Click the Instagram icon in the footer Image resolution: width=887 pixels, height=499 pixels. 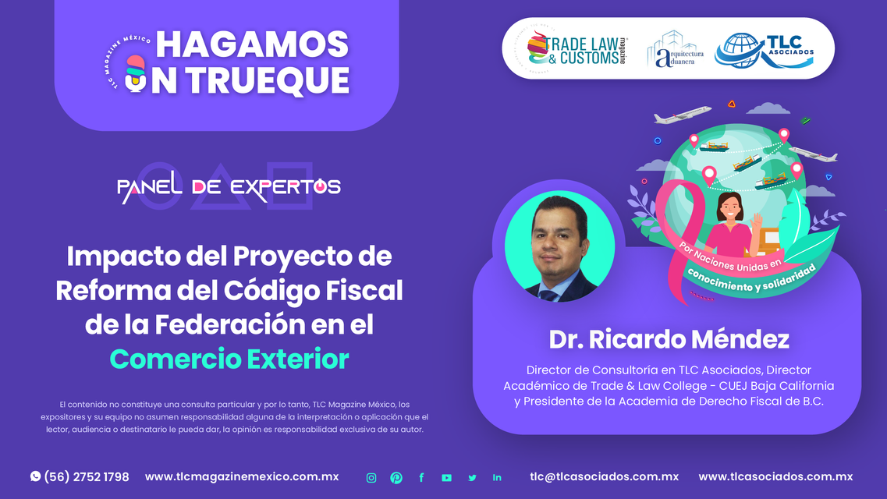[x=371, y=477]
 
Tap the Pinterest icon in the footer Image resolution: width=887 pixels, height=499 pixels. [x=396, y=477]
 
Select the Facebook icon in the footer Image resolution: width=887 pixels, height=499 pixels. [x=421, y=477]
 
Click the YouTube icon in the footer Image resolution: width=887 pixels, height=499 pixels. [x=446, y=477]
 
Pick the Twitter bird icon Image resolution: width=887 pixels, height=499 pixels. [x=472, y=477]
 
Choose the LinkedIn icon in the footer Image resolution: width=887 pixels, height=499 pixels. [x=497, y=477]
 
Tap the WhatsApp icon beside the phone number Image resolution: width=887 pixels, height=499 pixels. [x=36, y=476]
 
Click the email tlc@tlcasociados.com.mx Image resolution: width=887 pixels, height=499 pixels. [x=604, y=476]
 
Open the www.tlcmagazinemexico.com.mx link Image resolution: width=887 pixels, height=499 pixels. [x=242, y=476]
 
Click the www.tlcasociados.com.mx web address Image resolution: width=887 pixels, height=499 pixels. [x=775, y=476]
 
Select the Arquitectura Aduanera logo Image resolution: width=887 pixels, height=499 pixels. [x=676, y=50]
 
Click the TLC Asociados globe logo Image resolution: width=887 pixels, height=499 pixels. [x=765, y=51]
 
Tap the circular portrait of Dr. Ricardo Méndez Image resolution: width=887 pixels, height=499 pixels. [x=559, y=246]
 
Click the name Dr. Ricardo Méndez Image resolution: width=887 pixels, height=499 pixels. [x=669, y=339]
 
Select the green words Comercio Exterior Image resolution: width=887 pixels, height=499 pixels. [x=229, y=359]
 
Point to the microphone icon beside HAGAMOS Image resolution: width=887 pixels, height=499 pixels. [x=135, y=73]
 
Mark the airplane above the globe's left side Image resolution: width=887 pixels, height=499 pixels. [x=683, y=115]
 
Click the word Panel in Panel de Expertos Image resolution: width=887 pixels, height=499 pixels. [x=149, y=187]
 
